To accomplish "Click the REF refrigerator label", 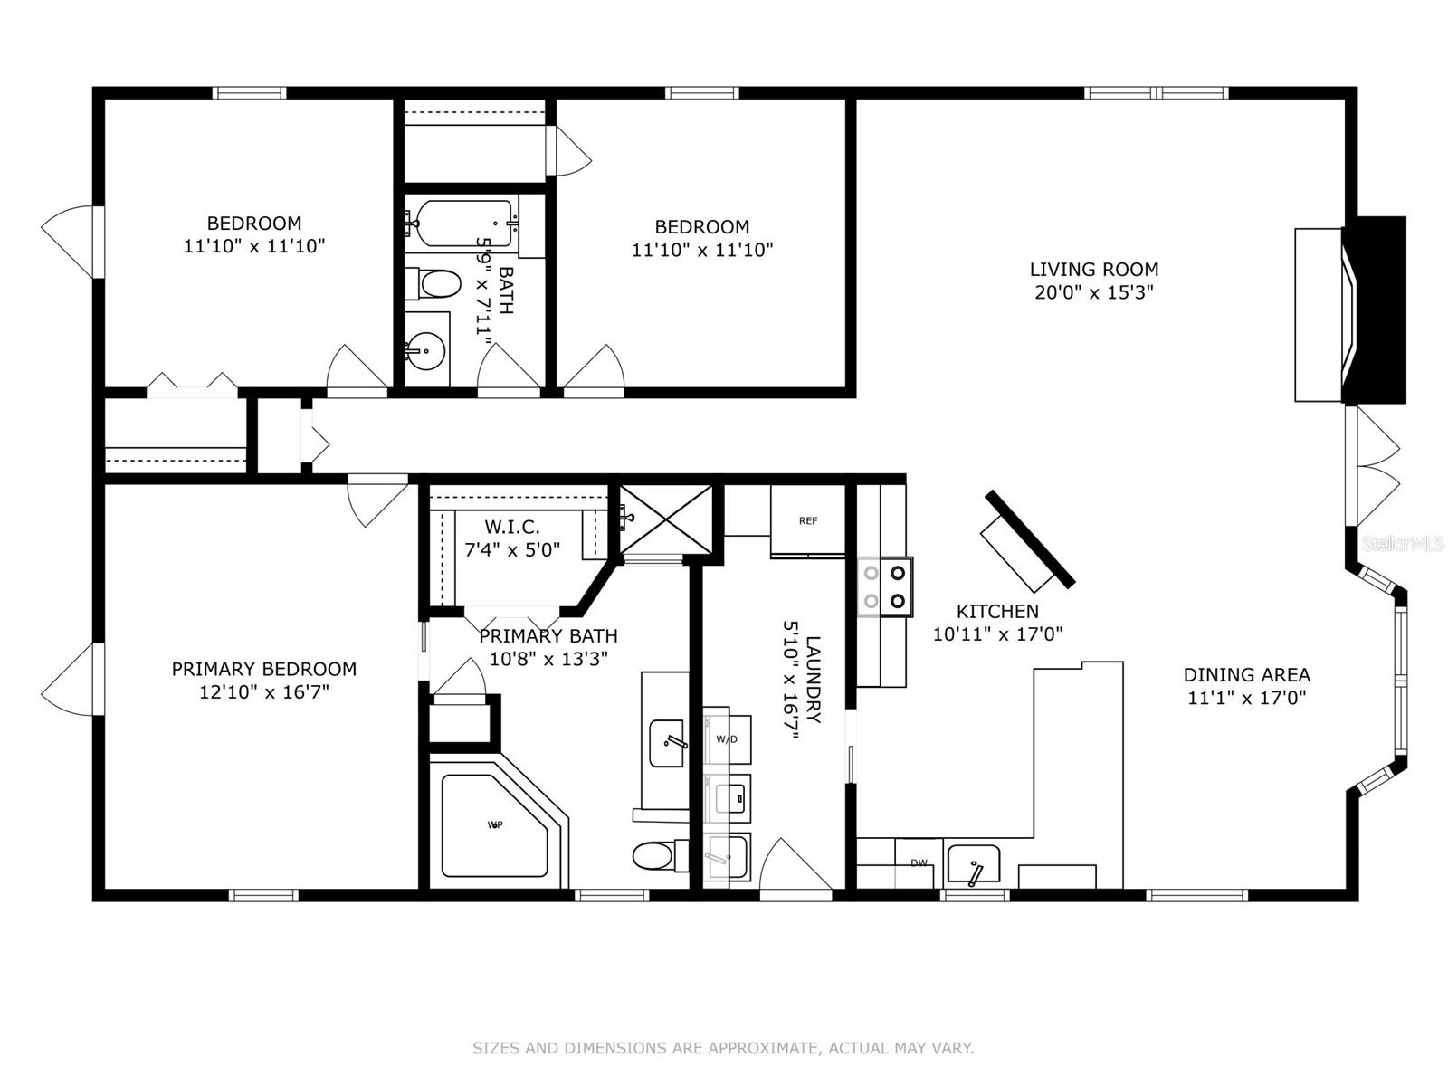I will click(807, 521).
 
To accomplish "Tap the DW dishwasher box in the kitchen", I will click(919, 863).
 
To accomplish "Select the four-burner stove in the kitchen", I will click(885, 586).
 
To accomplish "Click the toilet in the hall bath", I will click(435, 284).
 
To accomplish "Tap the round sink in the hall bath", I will click(424, 348).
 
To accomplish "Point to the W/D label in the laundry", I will click(727, 739).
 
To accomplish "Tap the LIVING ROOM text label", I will click(1093, 270).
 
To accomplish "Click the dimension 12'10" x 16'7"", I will click(263, 692).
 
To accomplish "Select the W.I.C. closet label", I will click(512, 527).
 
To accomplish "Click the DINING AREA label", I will click(1246, 675).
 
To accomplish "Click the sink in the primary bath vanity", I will click(668, 742).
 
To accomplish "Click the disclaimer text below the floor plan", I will click(723, 1049).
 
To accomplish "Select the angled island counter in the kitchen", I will click(1028, 541).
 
